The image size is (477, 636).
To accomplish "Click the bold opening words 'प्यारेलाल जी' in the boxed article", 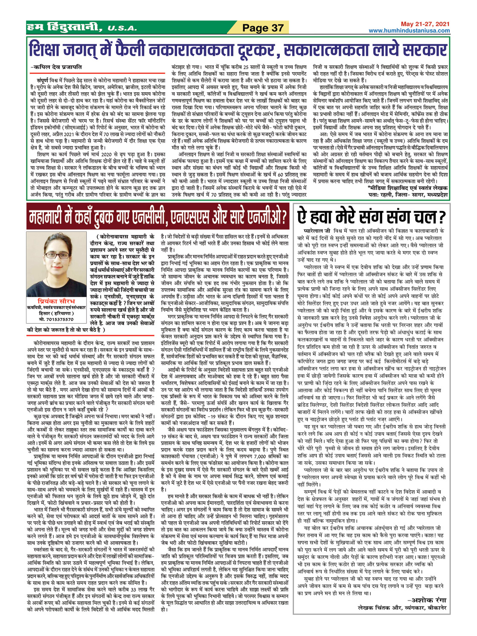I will point(315,231).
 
